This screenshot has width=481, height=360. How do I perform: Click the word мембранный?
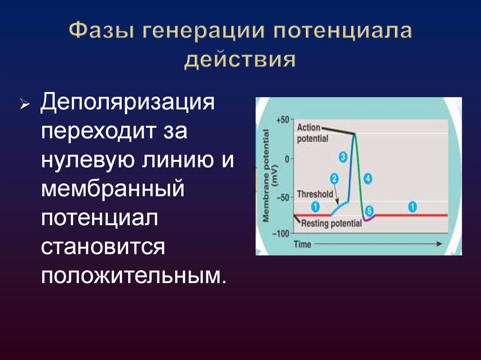point(111,190)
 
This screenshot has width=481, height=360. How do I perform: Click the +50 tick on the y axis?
point(283,120)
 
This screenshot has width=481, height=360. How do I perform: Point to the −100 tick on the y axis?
point(282,233)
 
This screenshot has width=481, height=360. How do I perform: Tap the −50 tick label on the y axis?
point(283,197)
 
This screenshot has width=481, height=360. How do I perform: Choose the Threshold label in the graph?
point(315,194)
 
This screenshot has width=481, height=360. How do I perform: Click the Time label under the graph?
point(303,244)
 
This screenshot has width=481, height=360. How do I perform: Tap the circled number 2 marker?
point(334,179)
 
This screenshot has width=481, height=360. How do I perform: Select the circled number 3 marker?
point(343,157)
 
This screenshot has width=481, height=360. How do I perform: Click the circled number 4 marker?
point(368,178)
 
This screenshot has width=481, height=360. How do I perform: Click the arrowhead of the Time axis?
point(439,244)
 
